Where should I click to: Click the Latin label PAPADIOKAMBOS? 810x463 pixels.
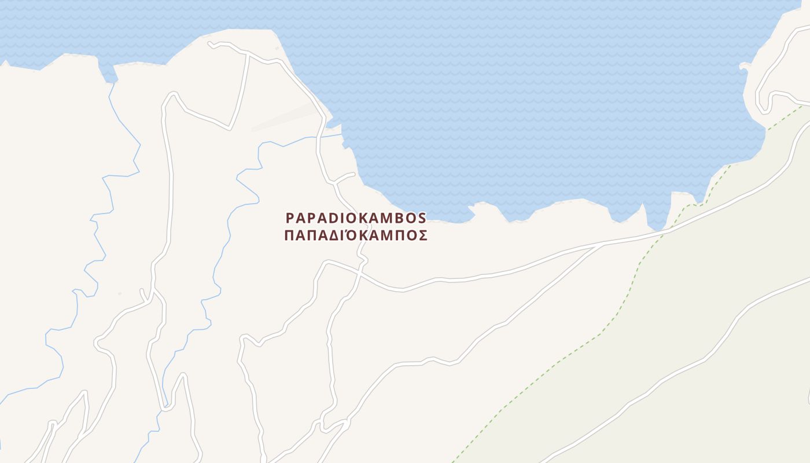click(356, 218)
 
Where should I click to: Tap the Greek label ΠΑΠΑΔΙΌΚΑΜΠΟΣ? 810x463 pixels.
click(356, 236)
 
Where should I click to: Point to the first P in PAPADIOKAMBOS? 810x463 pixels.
click(290, 218)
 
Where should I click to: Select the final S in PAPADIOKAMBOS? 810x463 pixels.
click(422, 218)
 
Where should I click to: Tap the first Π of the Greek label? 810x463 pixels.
click(289, 236)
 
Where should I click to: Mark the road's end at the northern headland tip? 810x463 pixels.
click(209, 43)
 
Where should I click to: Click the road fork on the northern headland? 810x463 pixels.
click(248, 54)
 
